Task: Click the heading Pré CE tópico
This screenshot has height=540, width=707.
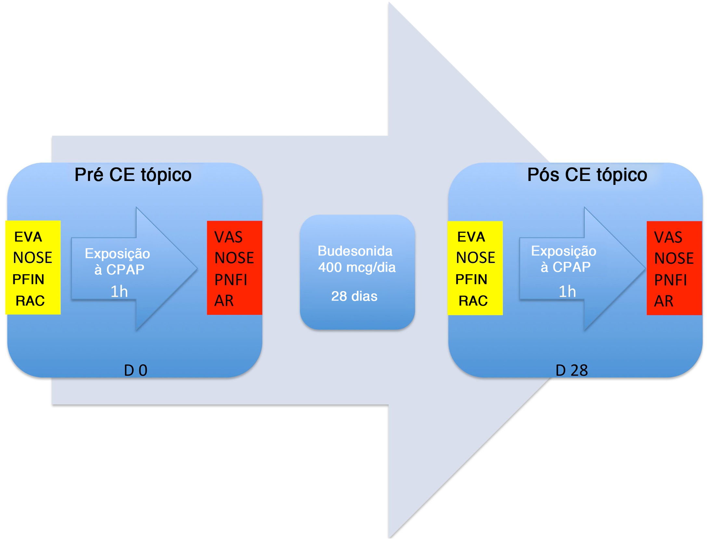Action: click(x=133, y=175)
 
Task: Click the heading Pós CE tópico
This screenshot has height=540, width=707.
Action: click(x=587, y=175)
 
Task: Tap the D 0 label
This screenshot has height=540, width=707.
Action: click(x=136, y=370)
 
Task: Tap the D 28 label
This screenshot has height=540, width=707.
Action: click(x=571, y=370)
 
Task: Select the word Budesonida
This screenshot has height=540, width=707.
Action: click(x=355, y=251)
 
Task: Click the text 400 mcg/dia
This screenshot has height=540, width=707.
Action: click(x=357, y=267)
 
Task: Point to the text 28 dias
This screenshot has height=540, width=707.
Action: click(x=354, y=296)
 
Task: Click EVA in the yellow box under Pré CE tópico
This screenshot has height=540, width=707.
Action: click(x=28, y=237)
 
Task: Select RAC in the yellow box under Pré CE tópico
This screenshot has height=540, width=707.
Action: click(x=30, y=301)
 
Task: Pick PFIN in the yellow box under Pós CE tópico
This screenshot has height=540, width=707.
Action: click(x=471, y=279)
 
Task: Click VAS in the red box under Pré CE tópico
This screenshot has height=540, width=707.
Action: click(x=228, y=237)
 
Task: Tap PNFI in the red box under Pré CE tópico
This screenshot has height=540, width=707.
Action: click(x=231, y=280)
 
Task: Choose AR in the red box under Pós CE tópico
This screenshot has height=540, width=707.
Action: click(x=663, y=301)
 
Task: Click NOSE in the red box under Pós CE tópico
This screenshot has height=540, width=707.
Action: click(x=674, y=258)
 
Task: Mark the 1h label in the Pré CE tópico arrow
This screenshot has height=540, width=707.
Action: click(x=119, y=291)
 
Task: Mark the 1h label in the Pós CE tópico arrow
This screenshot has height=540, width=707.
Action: click(x=567, y=291)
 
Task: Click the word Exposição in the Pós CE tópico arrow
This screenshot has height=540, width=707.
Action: click(x=564, y=251)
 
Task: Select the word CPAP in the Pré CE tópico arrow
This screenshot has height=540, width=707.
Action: click(x=125, y=270)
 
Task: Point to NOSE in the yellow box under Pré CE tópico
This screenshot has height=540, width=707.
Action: click(x=33, y=258)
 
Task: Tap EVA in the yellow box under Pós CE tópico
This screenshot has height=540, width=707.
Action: click(x=471, y=237)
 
